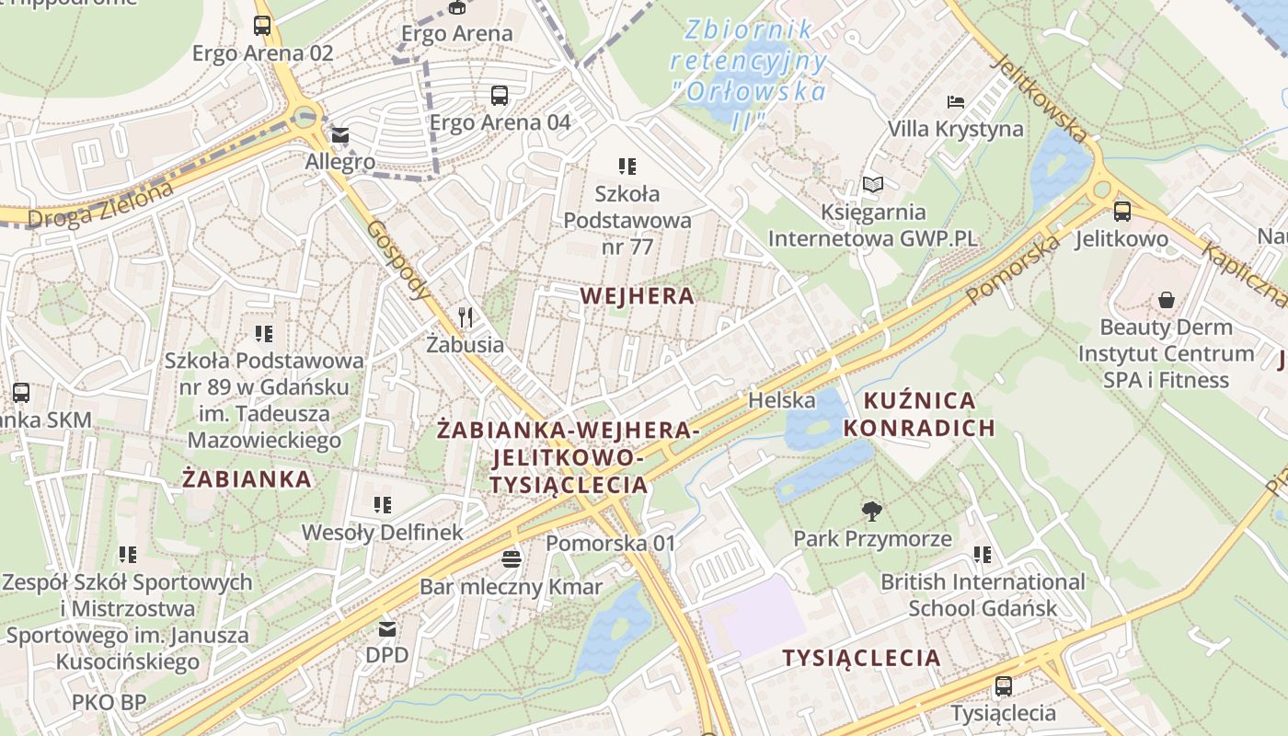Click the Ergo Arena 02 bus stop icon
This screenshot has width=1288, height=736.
262,26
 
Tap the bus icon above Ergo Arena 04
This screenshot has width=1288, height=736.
499,95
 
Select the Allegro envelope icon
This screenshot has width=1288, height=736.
340,136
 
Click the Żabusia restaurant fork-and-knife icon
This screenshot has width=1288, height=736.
466,317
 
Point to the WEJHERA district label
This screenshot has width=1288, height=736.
638,296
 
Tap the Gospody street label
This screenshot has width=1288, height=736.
398,260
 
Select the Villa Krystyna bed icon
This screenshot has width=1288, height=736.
956,101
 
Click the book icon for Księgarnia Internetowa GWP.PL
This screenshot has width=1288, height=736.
872,185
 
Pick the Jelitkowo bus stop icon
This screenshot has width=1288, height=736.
1121,212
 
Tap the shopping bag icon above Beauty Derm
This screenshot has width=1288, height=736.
1166,300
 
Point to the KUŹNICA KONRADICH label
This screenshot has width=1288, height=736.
919,414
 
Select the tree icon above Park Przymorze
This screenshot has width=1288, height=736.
871,512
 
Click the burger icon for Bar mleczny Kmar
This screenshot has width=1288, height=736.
512,558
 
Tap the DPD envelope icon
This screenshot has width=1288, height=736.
386,629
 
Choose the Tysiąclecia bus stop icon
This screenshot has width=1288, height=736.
1003,686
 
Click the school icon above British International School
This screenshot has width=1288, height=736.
983,554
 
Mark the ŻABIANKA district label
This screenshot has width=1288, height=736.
247,479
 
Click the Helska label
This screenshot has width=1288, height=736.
781,400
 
